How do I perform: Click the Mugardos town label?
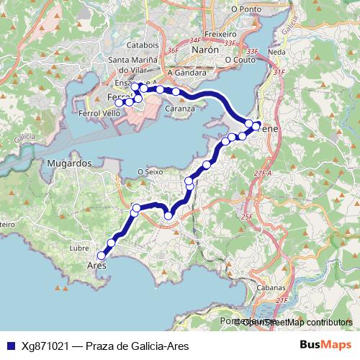tap(69, 163)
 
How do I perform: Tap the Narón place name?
tap(204, 50)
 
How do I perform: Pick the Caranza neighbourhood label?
tap(180, 109)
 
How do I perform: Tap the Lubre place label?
tap(78, 248)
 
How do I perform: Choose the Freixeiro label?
tap(220, 34)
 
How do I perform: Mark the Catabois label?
tap(142, 45)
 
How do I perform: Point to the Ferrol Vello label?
tap(100, 114)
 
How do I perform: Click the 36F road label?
tap(172, 51)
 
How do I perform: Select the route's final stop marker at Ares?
tap(102, 255)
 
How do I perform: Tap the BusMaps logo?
tap(325, 346)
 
